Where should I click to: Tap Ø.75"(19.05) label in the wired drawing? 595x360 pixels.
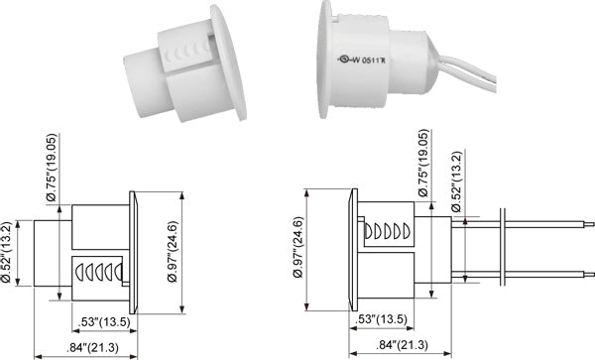(425, 164)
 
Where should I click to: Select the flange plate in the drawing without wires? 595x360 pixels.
(131, 248)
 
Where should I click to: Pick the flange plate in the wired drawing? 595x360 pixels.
(349, 248)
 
